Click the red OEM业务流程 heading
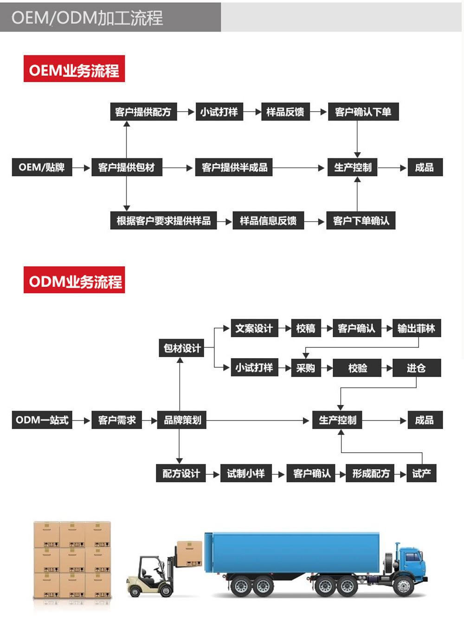click(74, 69)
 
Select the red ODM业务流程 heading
click(74, 280)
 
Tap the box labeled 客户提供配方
click(143, 112)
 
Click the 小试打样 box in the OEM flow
click(219, 112)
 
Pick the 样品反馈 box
click(285, 112)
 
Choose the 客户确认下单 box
click(363, 112)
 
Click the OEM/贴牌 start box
click(42, 167)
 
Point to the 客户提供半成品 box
click(234, 167)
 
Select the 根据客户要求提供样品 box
click(163, 221)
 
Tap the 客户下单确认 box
click(361, 221)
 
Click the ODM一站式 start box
click(42, 420)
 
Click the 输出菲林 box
click(416, 328)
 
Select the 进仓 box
click(416, 368)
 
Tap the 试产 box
click(421, 474)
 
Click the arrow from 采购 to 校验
click(328, 368)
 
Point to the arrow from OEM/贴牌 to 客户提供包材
click(82, 167)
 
